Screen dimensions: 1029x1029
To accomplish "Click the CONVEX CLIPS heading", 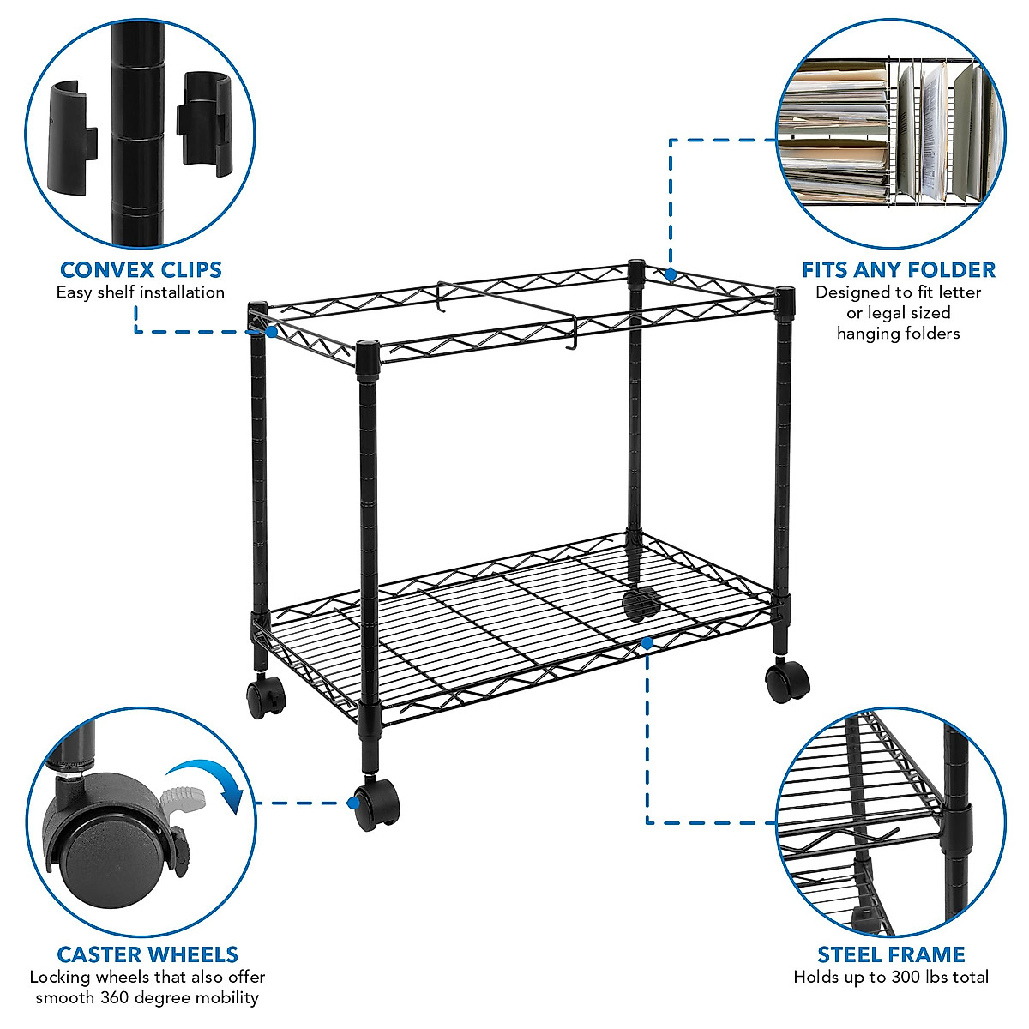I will (x=141, y=270).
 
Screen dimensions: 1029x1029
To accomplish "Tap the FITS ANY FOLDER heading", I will (x=898, y=270).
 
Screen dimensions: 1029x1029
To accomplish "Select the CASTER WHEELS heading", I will (x=147, y=954).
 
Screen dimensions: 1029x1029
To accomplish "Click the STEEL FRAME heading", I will (x=891, y=954).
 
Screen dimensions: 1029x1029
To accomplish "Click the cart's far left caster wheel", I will (x=266, y=695).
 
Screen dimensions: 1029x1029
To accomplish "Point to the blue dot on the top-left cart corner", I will (x=271, y=330).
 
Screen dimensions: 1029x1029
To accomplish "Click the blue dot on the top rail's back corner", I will (x=670, y=275).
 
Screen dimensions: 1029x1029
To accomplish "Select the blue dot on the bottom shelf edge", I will (x=647, y=641).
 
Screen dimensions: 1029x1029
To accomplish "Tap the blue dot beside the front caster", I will (x=352, y=803).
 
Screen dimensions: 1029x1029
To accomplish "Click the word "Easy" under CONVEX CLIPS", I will (x=75, y=292).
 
